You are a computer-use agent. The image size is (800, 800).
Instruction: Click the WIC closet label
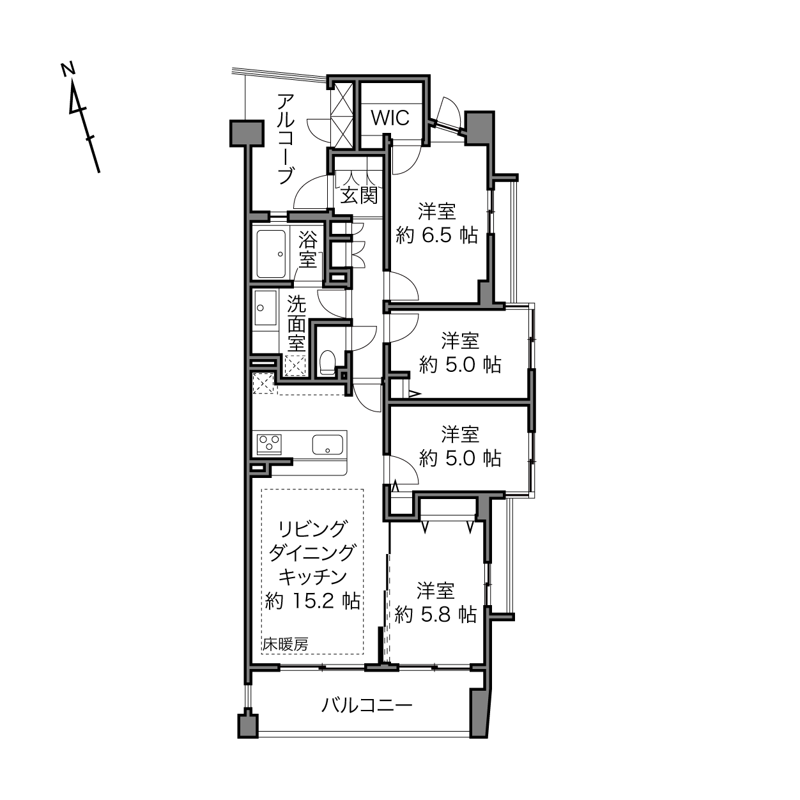click(x=390, y=118)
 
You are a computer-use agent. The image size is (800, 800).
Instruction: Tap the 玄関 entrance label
click(x=359, y=195)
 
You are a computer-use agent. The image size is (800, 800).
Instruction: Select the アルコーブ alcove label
click(x=286, y=139)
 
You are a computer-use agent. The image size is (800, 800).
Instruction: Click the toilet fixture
click(x=328, y=361)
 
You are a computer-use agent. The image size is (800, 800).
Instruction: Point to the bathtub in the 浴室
click(x=271, y=254)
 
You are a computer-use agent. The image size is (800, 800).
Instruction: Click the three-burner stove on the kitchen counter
click(x=270, y=443)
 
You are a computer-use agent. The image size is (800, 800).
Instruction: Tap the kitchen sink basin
click(x=328, y=445)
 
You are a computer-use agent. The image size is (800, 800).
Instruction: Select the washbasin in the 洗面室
click(x=265, y=307)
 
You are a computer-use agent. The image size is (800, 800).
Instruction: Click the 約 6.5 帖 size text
click(x=436, y=236)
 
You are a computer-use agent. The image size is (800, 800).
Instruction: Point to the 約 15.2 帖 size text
click(x=312, y=600)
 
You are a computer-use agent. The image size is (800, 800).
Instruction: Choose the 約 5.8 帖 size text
click(x=436, y=615)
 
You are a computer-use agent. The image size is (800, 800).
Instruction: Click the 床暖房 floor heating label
click(x=285, y=645)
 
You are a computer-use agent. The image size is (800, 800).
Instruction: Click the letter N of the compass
click(x=68, y=70)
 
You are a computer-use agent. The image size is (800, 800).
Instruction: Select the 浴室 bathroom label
click(x=307, y=249)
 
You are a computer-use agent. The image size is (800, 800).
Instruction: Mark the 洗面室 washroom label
click(x=296, y=323)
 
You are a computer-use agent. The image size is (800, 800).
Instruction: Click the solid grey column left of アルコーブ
click(x=247, y=133)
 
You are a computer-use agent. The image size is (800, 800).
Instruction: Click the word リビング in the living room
click(x=312, y=529)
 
